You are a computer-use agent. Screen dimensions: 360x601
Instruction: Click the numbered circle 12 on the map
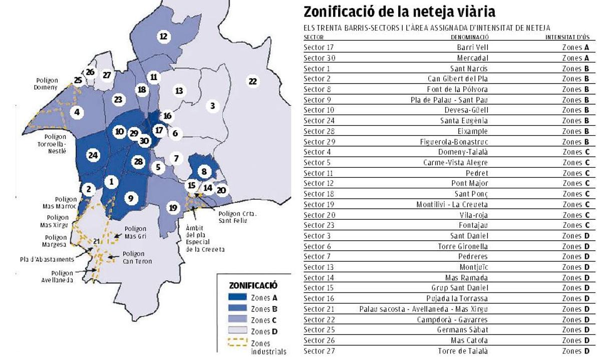(163, 36)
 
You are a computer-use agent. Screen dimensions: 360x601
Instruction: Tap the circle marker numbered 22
(253, 81)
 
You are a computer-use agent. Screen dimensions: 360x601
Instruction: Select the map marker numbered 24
(92, 155)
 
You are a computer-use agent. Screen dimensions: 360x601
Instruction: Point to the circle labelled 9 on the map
(130, 199)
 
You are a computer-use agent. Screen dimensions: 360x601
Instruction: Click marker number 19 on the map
(173, 208)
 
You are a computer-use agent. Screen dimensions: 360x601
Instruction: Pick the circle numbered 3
(213, 106)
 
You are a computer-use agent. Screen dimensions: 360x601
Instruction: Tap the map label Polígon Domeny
(47, 84)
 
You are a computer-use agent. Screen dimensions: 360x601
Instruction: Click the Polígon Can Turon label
(137, 257)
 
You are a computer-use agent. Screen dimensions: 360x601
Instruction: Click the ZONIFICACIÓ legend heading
(253, 285)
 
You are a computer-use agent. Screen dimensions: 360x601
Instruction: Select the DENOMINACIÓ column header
(469, 37)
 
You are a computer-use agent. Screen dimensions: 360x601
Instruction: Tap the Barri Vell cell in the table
(472, 48)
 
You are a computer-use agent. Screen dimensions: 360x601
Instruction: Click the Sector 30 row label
(319, 58)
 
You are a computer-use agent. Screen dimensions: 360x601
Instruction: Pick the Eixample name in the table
(472, 131)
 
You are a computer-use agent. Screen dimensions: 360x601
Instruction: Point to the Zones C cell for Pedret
(575, 173)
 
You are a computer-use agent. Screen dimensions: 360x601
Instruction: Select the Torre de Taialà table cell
(463, 351)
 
